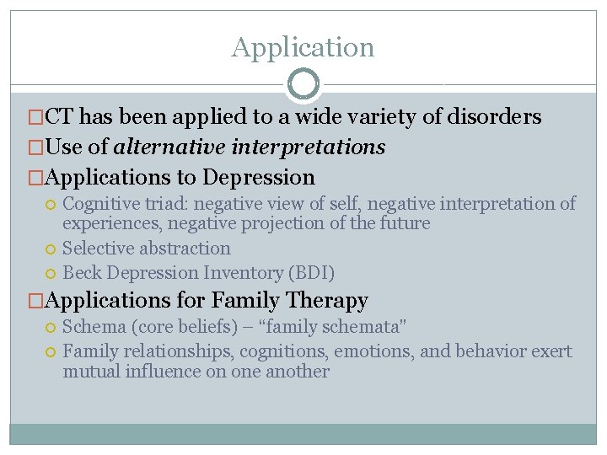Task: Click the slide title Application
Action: pos(303,47)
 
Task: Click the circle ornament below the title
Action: pos(303,84)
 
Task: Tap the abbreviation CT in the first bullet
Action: pos(58,116)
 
